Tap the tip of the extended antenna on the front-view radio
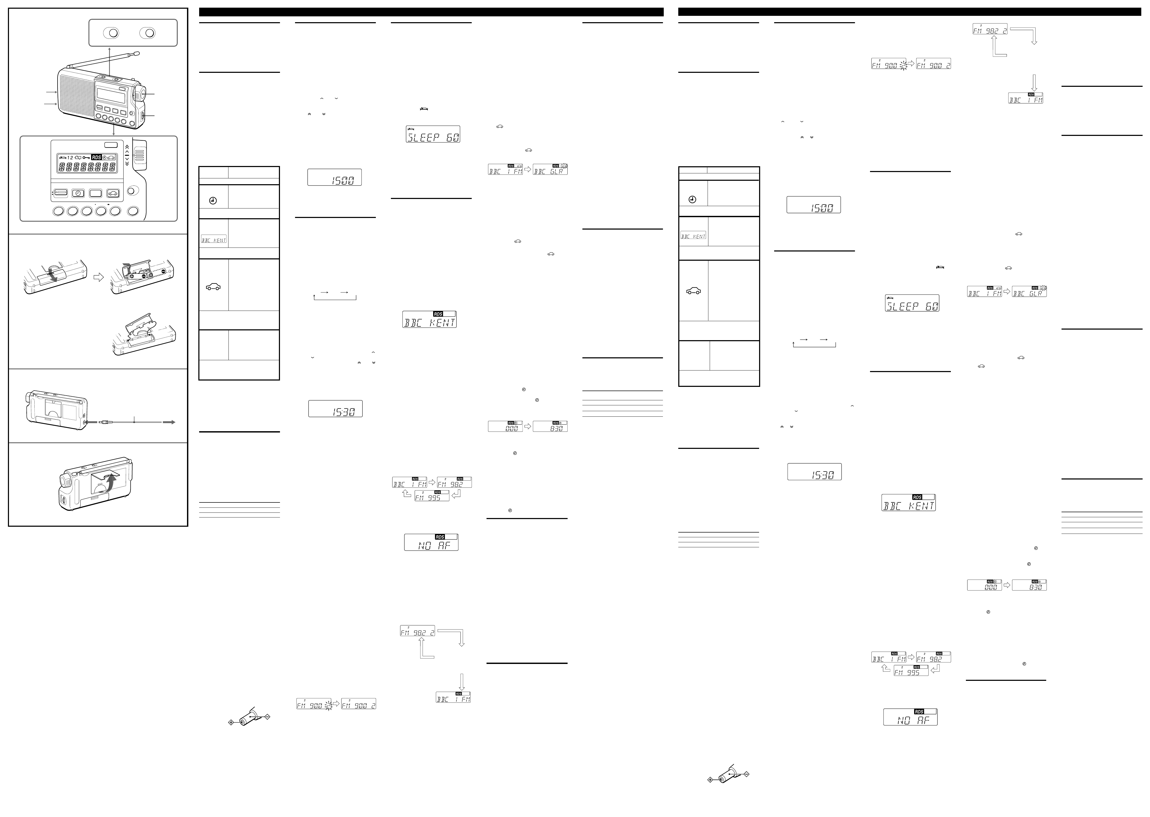click(137, 53)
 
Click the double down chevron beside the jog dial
click(127, 164)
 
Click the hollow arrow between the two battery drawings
click(99, 277)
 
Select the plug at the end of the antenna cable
click(104, 423)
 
